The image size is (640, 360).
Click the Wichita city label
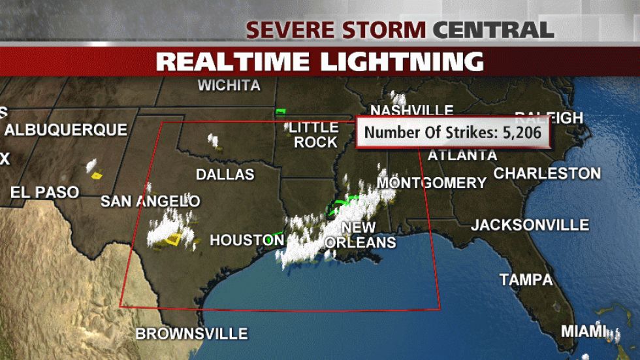point(229,86)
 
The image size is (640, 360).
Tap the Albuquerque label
point(65,129)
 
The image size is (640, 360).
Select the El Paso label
point(44,192)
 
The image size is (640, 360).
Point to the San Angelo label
point(150,201)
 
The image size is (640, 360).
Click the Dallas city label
point(225,174)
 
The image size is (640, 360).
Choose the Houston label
point(246,240)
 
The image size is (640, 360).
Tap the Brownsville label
point(191,334)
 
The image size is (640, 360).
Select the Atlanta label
point(462,155)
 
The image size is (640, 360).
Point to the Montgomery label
point(432,183)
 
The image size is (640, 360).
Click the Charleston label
point(547,174)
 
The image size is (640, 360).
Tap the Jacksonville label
point(530,225)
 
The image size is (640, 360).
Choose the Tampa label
point(526,280)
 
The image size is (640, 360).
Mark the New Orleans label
point(360,235)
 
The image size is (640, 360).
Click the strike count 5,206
point(513,133)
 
